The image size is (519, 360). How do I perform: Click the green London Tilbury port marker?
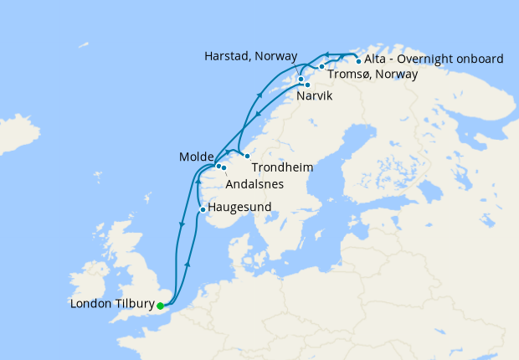point(160,306)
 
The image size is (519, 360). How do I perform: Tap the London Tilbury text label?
point(113,306)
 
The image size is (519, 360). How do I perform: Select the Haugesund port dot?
point(203,209)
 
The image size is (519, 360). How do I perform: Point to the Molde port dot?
point(218,166)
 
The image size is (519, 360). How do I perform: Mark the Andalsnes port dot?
point(224,169)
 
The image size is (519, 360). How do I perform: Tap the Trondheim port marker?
point(247,157)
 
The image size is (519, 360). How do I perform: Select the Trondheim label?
point(282,167)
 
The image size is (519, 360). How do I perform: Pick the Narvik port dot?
point(307,85)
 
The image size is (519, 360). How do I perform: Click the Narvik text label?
point(314,97)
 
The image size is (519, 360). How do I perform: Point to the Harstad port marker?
point(301,80)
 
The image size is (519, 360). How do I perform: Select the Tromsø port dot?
point(321,66)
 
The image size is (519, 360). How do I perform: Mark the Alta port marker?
point(358,60)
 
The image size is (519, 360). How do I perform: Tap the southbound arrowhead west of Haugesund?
point(182,224)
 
